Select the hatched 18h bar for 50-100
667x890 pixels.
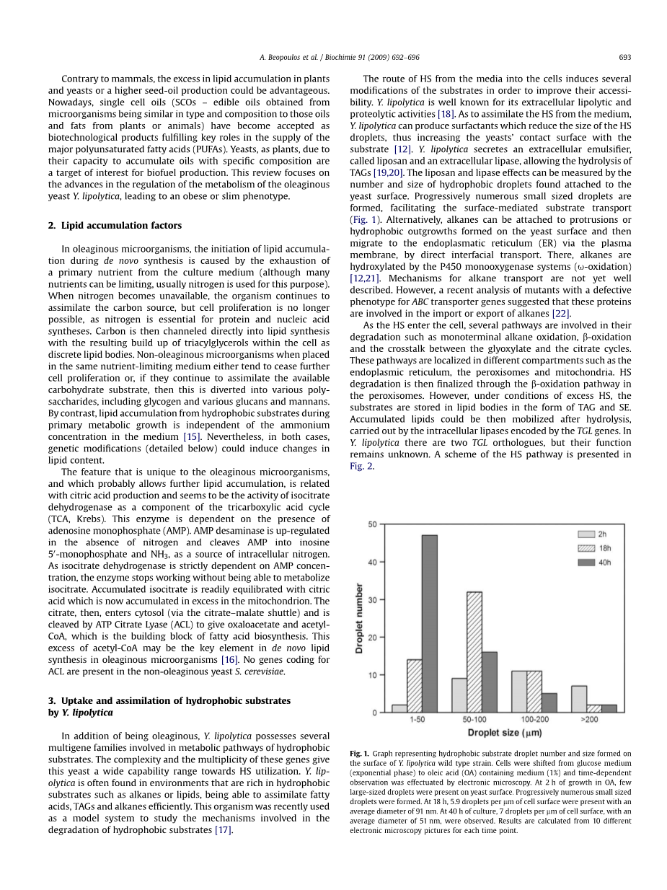click(474, 652)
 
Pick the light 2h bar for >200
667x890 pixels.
click(578, 699)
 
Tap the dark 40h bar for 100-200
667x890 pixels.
click(549, 703)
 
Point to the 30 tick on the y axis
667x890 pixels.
click(372, 599)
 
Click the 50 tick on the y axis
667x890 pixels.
click(372, 524)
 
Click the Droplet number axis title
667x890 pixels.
click(359, 619)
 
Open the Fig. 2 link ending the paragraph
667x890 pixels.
click(357, 466)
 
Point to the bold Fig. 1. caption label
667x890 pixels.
click(359, 754)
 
